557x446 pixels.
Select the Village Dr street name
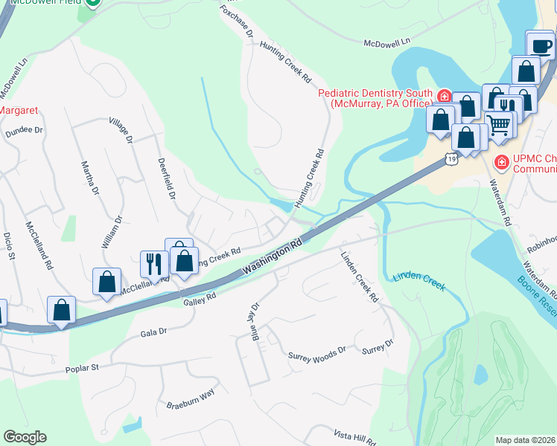121,129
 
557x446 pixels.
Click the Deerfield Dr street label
166,178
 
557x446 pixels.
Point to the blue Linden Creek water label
418,281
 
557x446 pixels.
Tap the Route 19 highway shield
451,158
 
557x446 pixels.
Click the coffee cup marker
541,46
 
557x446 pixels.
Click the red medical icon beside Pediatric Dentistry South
443,96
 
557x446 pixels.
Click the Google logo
25,437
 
